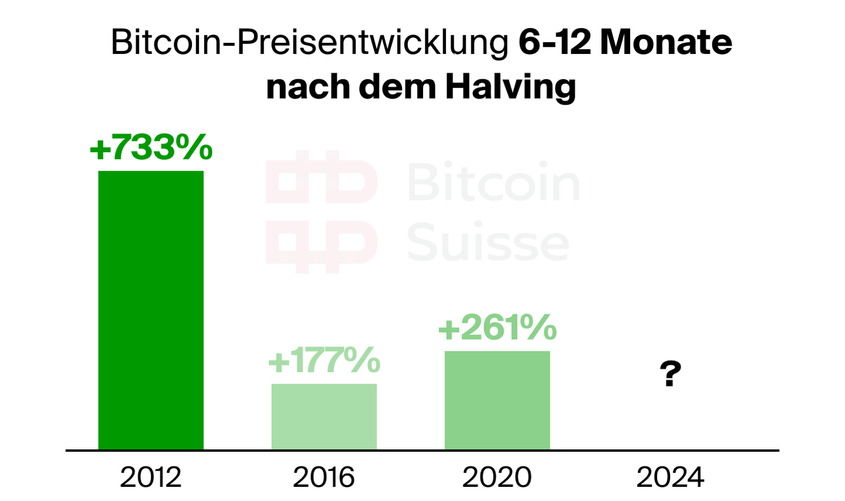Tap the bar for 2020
tap(497, 400)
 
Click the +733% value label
tap(151, 147)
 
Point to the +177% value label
tap(324, 360)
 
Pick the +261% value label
tap(497, 327)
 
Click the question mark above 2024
tap(670, 374)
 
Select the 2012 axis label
tap(151, 477)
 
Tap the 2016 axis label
tap(324, 477)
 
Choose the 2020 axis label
tap(497, 477)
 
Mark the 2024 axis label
tap(670, 477)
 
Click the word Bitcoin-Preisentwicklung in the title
tap(310, 43)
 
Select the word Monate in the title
tap(666, 43)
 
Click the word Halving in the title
tap(510, 87)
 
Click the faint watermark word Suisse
tap(488, 242)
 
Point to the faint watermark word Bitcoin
tap(494, 182)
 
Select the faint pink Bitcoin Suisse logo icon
tap(321, 212)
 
